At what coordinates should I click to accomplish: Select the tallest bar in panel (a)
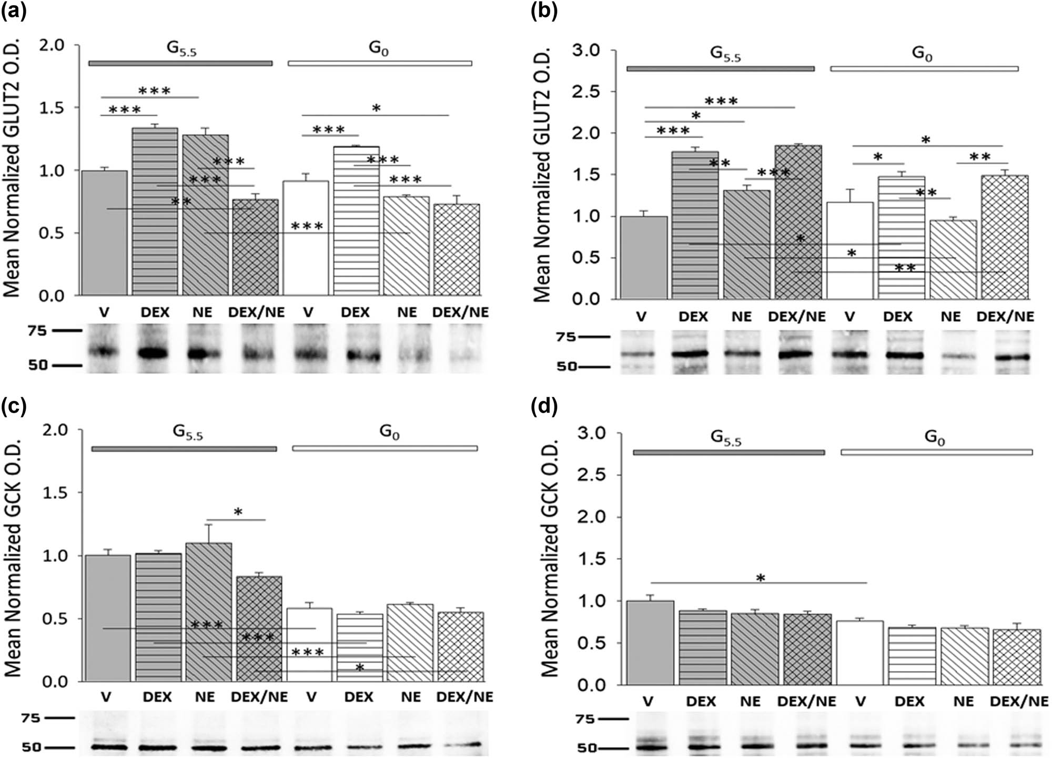tap(155, 210)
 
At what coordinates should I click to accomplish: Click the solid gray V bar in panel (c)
tap(108, 618)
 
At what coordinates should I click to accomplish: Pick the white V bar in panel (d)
tap(859, 652)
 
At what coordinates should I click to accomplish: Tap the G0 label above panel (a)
tap(378, 48)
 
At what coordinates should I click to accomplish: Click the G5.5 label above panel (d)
tap(725, 438)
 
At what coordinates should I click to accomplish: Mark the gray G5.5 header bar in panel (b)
tap(720, 69)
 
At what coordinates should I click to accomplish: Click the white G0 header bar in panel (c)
tap(385, 449)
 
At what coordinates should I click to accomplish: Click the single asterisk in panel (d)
tap(760, 579)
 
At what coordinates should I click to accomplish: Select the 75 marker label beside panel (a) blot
tap(37, 331)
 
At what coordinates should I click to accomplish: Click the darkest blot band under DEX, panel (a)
tap(153, 353)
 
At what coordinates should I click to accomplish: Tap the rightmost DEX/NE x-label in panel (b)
tap(1005, 317)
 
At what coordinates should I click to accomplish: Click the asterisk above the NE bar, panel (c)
tap(238, 512)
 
